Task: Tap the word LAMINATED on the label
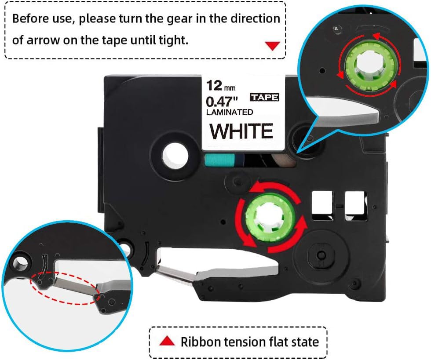[230, 113]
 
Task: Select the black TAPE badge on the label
[264, 97]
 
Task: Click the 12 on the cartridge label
[216, 84]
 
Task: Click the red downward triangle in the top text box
[273, 45]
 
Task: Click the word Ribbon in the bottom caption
[199, 342]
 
